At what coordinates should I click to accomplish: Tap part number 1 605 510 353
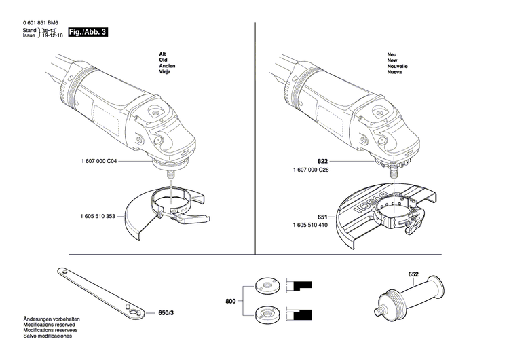102,217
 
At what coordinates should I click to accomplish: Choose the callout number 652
413,274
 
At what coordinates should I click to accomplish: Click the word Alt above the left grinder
162,53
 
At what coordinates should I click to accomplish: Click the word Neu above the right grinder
392,53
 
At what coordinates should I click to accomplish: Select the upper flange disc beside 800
262,285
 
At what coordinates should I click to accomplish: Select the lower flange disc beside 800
262,314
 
